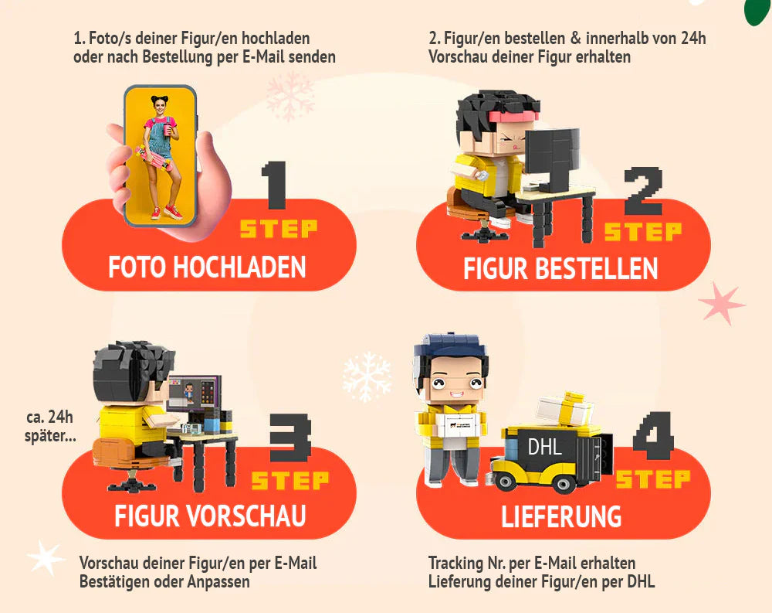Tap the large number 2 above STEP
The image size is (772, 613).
644,191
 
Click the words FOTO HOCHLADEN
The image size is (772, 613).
207,267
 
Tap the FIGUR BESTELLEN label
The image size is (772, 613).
560,268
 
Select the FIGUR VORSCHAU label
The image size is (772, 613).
210,516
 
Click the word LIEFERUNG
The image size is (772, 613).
561,516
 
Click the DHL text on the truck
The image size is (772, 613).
544,447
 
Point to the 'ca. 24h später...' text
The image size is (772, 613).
51,426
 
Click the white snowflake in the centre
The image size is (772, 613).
367,376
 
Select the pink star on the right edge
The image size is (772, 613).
721,302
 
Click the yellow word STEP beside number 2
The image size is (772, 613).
642,231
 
